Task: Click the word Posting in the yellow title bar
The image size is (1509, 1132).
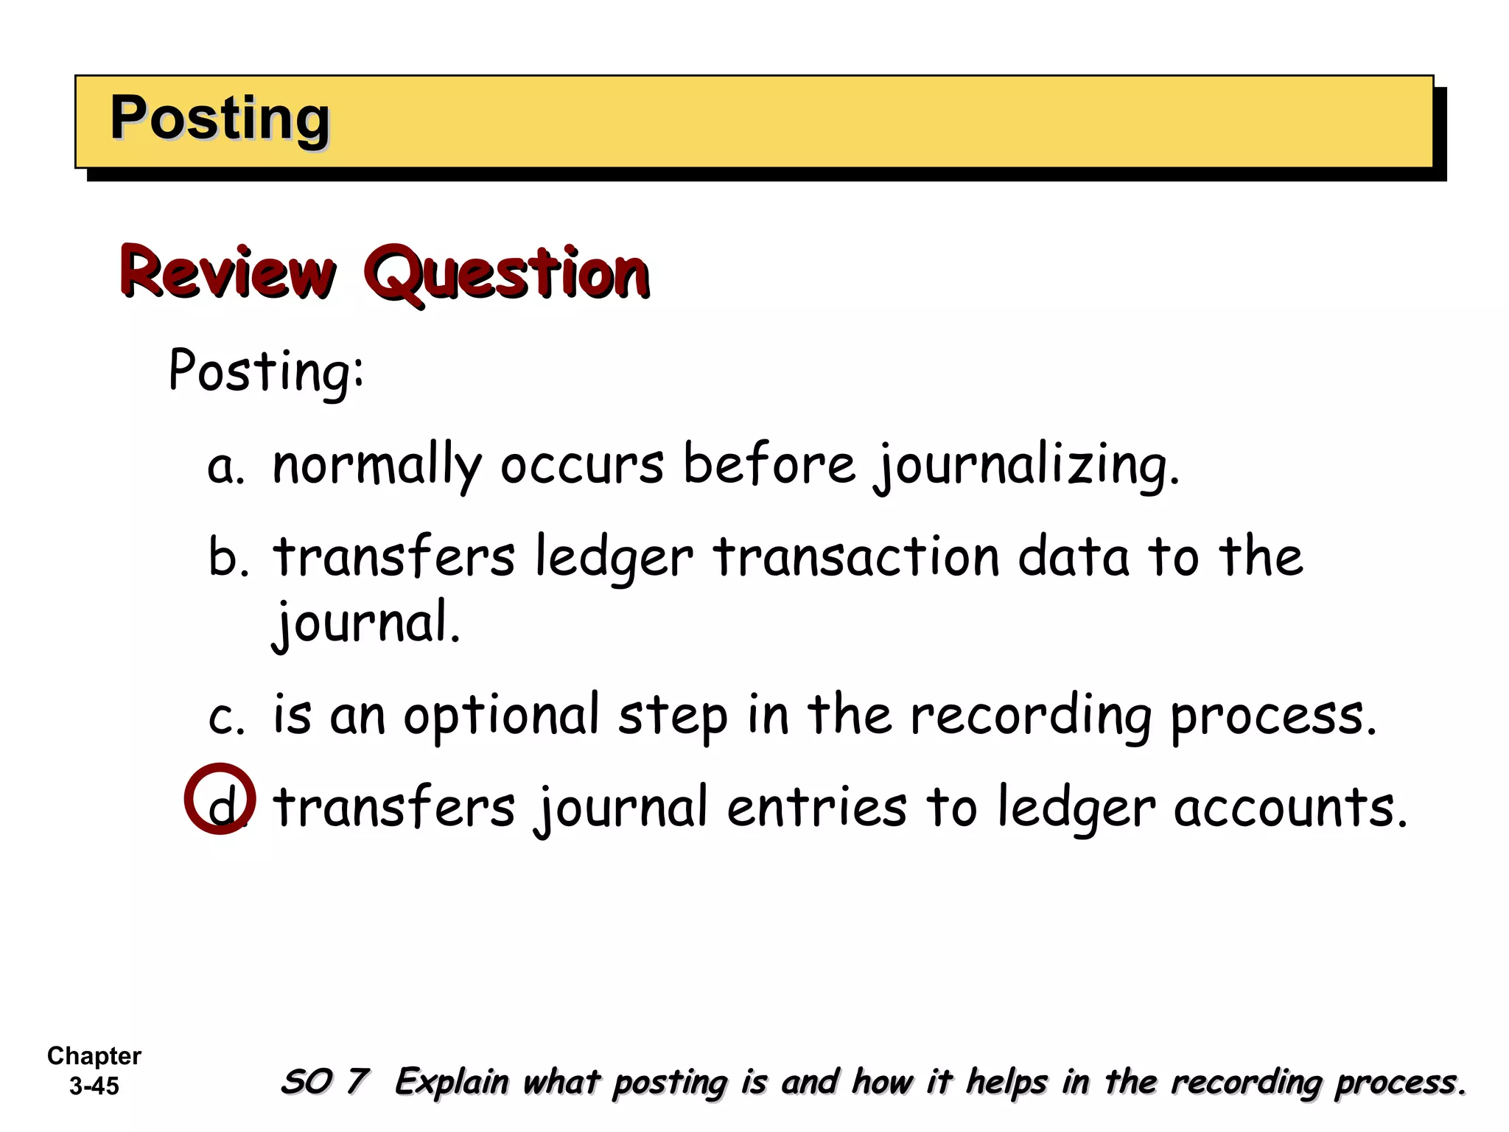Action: (220, 119)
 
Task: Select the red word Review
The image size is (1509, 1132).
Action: (228, 273)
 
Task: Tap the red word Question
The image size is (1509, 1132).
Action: (507, 273)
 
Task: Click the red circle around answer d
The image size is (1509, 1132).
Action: (220, 799)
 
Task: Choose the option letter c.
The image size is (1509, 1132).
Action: (225, 716)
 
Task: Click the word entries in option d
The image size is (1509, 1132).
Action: (816, 808)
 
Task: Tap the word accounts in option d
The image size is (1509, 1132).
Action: (1289, 808)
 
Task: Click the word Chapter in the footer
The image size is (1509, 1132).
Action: (94, 1056)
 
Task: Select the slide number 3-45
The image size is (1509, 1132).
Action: (94, 1086)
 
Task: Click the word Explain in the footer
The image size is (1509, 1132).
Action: (451, 1082)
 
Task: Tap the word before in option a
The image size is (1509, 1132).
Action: (769, 466)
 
